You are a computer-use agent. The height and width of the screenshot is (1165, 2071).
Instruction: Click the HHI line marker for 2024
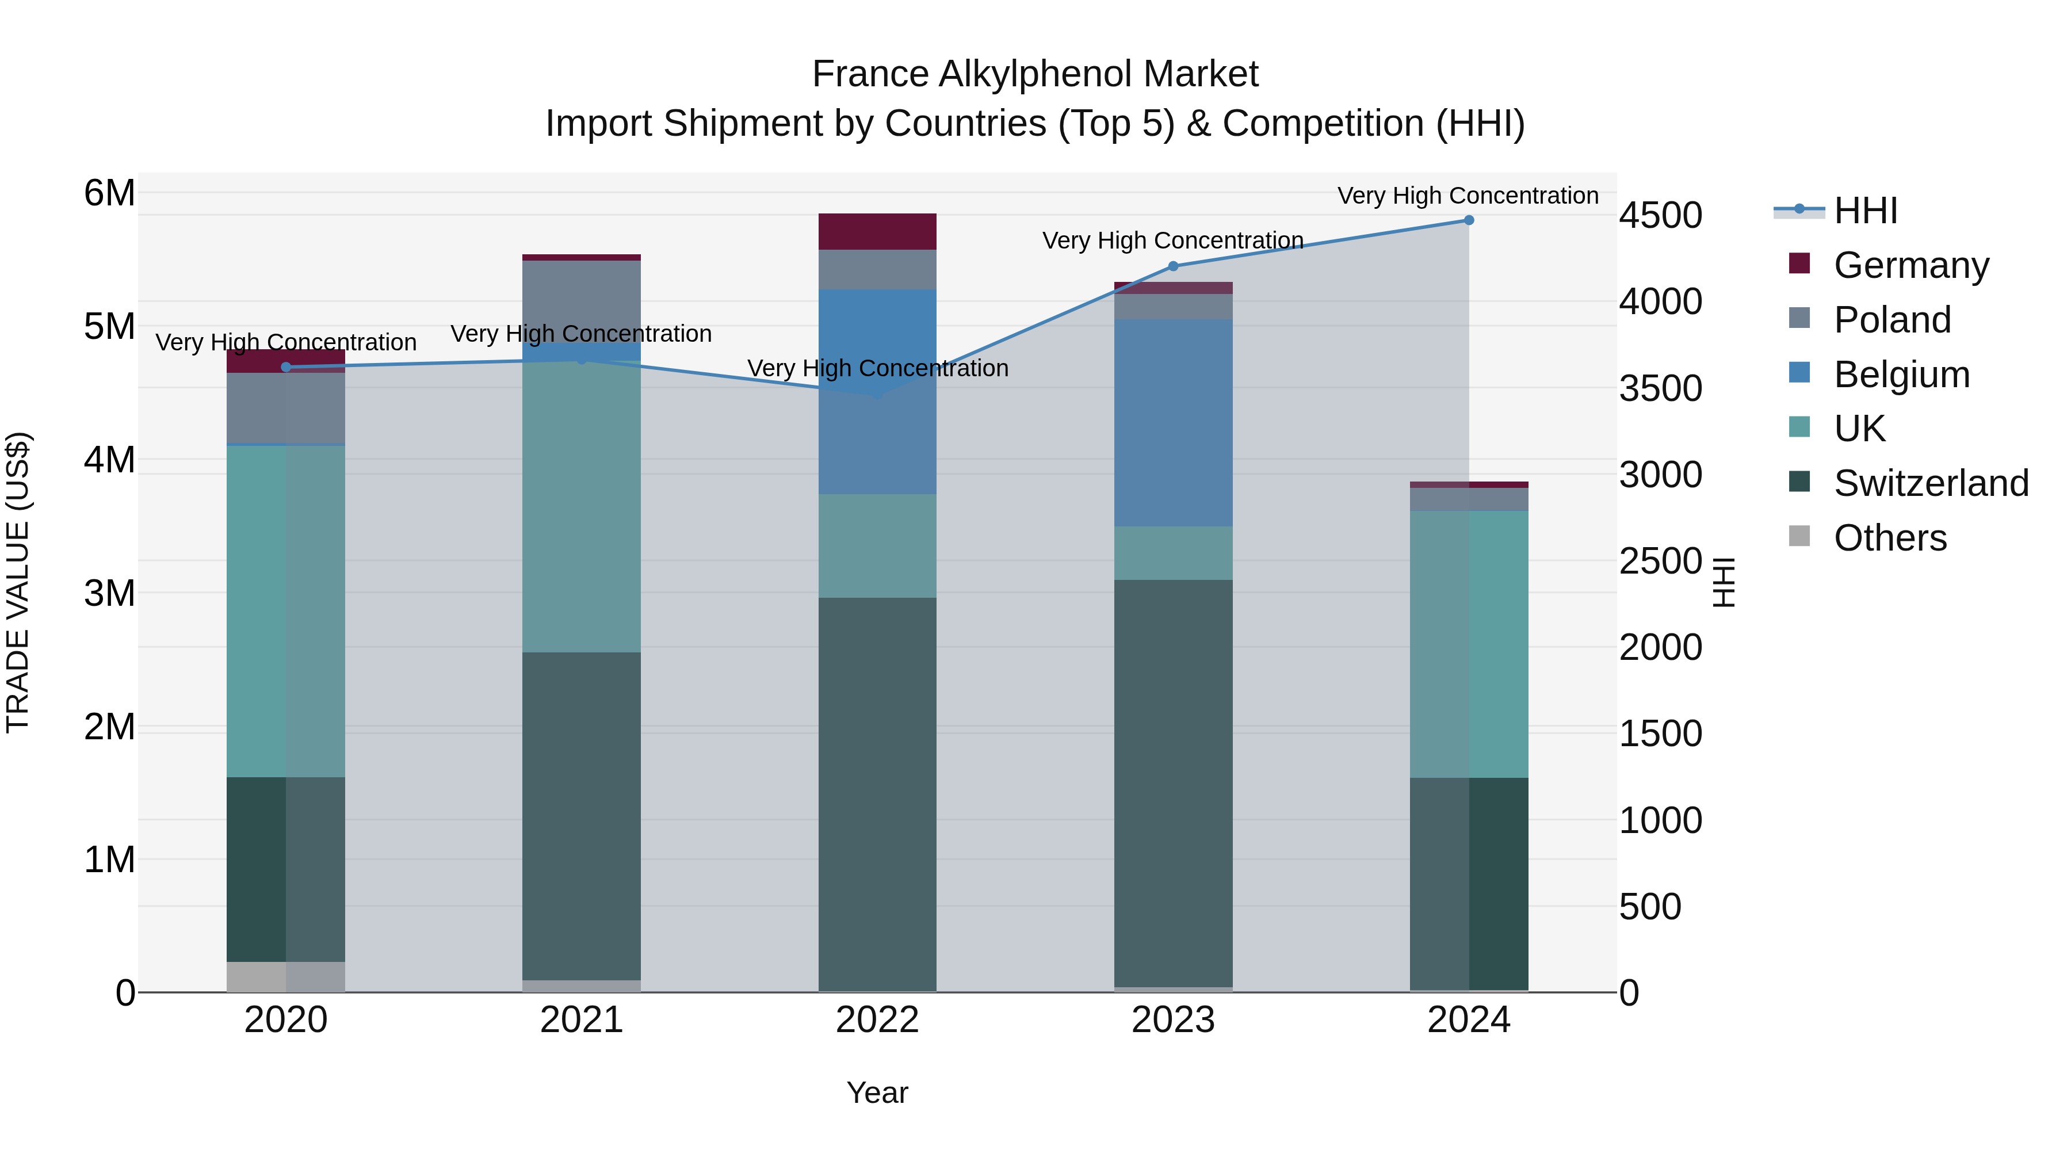[x=1469, y=220]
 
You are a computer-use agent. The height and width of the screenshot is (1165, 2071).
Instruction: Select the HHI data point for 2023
[x=1173, y=266]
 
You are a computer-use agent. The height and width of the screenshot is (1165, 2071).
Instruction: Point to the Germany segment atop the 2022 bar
[x=877, y=231]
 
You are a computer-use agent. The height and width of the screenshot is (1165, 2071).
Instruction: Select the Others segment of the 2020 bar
[x=285, y=977]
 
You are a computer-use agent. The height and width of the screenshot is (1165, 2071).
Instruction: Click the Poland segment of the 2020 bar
[x=285, y=408]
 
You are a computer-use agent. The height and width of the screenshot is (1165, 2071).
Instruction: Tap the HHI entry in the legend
[x=1865, y=211]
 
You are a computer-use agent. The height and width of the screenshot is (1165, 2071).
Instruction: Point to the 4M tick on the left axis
[x=109, y=460]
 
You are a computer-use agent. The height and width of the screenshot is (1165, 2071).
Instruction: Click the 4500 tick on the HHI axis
[x=1660, y=216]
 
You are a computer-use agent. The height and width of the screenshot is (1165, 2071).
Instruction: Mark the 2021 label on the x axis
[x=581, y=1020]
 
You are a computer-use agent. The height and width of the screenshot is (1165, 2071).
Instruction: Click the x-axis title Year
[x=877, y=1093]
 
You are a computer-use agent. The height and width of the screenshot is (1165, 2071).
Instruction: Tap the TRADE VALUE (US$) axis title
[x=18, y=582]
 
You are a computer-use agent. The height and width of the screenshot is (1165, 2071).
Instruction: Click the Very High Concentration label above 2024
[x=1468, y=196]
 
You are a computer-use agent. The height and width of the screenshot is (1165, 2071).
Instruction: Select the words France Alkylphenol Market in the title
[x=1035, y=74]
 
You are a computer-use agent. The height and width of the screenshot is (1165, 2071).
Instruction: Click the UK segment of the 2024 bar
[x=1469, y=643]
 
